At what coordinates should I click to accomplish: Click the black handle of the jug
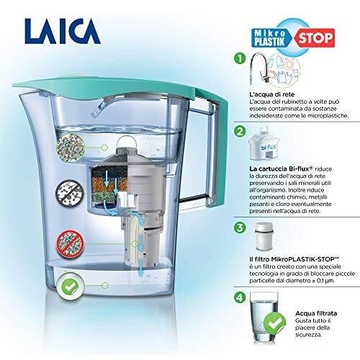[x=211, y=158]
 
